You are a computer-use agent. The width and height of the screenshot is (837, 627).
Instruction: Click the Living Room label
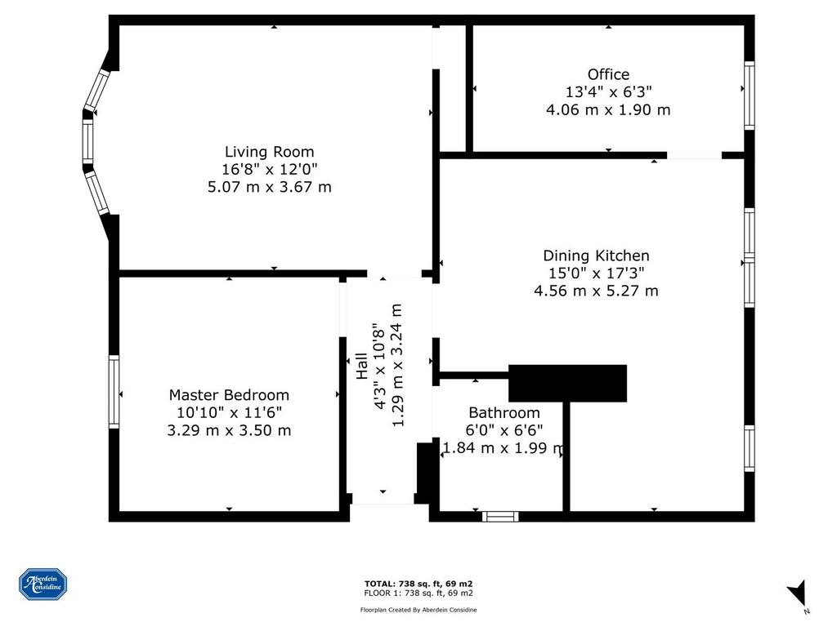pyautogui.click(x=269, y=152)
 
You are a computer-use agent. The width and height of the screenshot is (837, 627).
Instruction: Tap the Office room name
pyautogui.click(x=608, y=74)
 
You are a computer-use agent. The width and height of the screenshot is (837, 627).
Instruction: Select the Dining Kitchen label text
pyautogui.click(x=596, y=256)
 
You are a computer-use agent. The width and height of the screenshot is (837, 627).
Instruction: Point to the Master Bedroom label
pyautogui.click(x=229, y=395)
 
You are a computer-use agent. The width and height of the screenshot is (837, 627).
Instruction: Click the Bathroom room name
pyautogui.click(x=504, y=412)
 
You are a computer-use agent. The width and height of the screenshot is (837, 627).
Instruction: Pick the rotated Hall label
pyautogui.click(x=362, y=366)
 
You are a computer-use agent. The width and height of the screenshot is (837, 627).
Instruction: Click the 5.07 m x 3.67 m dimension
pyautogui.click(x=270, y=187)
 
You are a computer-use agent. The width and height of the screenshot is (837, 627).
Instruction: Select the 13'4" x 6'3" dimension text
pyautogui.click(x=608, y=91)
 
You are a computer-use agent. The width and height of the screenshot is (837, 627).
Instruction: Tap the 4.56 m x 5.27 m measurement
pyautogui.click(x=596, y=291)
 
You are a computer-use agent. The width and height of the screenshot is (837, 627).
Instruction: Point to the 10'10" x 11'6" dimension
pyautogui.click(x=229, y=412)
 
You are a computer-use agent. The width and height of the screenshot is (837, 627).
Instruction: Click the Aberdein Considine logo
pyautogui.click(x=43, y=585)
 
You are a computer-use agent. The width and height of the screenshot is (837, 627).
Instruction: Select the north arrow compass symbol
pyautogui.click(x=798, y=594)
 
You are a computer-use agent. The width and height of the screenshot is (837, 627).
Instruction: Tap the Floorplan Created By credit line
pyautogui.click(x=418, y=610)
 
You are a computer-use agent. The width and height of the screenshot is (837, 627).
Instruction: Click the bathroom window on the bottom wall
pyautogui.click(x=500, y=516)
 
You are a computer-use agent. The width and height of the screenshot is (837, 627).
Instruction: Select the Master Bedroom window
pyautogui.click(x=114, y=392)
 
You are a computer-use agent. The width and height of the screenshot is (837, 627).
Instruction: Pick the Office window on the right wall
pyautogui.click(x=750, y=96)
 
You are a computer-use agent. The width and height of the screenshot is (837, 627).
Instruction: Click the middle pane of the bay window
pyautogui.click(x=87, y=141)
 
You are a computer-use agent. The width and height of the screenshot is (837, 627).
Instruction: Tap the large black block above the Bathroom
pyautogui.click(x=567, y=384)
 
